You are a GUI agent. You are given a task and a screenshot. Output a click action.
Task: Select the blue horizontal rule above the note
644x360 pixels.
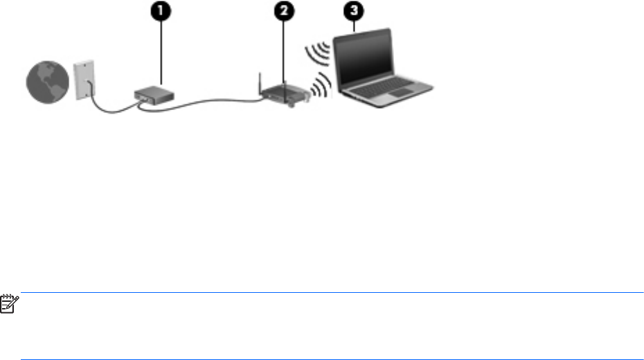pos(332,293)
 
